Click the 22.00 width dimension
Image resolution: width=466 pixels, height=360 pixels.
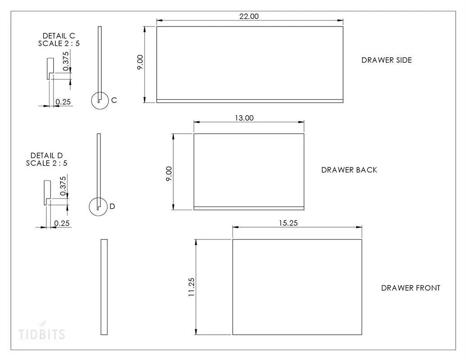(249, 16)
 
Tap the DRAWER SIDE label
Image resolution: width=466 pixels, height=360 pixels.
(387, 60)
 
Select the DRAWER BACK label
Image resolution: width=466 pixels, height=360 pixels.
(349, 170)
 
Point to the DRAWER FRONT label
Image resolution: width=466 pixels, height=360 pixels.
(411, 288)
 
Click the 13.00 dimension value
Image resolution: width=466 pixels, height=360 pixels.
(244, 118)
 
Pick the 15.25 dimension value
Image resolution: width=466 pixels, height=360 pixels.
(288, 223)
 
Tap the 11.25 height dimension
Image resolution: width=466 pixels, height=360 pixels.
(191, 287)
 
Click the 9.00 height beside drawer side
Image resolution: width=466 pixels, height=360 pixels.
(140, 62)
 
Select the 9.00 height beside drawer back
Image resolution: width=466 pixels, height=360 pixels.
(169, 174)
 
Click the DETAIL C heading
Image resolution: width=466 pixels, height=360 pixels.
(59, 36)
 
